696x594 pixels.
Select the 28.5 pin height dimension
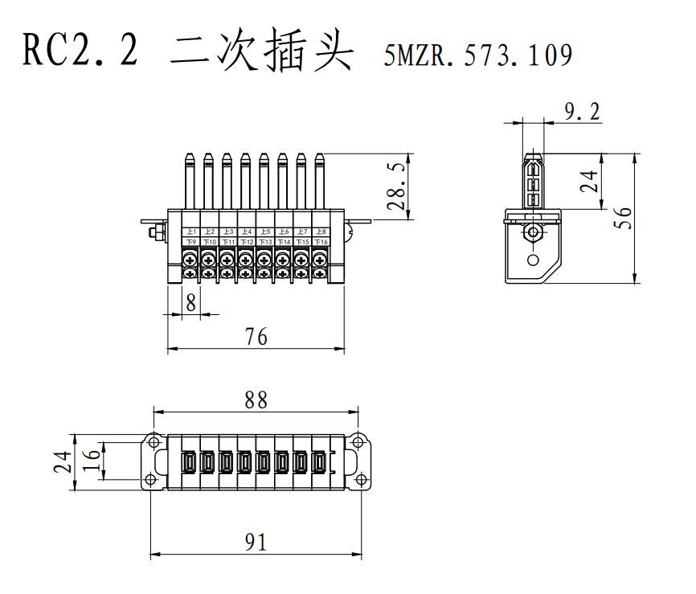pos(396,187)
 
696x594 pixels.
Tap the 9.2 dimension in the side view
pos(582,112)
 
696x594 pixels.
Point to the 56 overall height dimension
pos(622,218)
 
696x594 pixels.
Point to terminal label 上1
pos(191,231)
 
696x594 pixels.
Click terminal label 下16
pos(320,241)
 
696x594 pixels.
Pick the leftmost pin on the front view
pos(190,181)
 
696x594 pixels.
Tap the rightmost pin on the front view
pos(319,181)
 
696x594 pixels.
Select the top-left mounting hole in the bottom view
pos(152,440)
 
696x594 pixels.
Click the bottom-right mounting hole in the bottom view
pos(361,480)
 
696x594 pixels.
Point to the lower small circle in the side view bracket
pos(532,260)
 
